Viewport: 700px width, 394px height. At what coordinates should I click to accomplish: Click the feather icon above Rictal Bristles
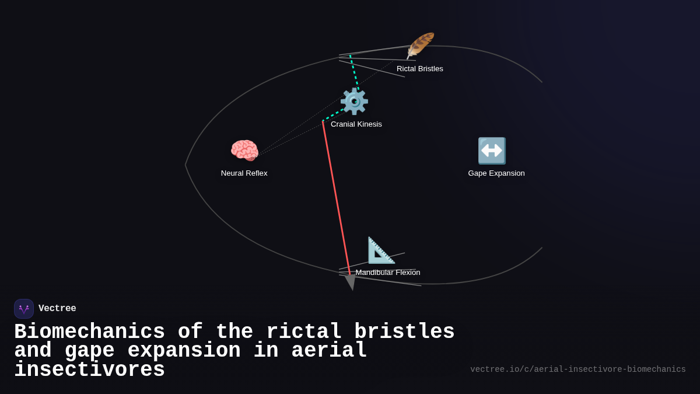pos(421,46)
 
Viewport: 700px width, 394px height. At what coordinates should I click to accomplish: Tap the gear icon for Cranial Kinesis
pos(354,102)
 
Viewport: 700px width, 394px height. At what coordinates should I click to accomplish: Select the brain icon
pos(244,151)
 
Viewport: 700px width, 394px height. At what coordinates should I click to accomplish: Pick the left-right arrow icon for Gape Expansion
pos(492,151)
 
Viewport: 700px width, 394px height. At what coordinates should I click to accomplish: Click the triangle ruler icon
pos(381,250)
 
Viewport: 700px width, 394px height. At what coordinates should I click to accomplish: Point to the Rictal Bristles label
pos(420,69)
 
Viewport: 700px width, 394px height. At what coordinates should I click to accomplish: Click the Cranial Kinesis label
pos(356,124)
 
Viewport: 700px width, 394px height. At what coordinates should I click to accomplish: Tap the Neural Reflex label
pos(244,173)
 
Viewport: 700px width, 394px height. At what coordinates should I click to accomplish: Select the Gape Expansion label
pos(496,173)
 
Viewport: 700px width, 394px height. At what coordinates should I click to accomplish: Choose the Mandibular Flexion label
pos(388,273)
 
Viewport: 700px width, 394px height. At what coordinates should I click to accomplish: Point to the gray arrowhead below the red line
pos(351,282)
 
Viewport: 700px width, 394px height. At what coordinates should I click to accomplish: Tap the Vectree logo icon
pos(24,309)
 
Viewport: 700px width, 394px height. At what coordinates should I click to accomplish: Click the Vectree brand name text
pos(57,309)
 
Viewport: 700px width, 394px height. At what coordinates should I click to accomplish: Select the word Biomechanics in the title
pos(89,332)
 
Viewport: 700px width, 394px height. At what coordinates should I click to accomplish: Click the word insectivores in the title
pos(89,370)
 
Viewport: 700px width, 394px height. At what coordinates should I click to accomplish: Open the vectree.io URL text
pos(578,369)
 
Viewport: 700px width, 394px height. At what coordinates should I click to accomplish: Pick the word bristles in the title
pos(404,332)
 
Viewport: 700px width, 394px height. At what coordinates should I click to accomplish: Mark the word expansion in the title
pos(184,351)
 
